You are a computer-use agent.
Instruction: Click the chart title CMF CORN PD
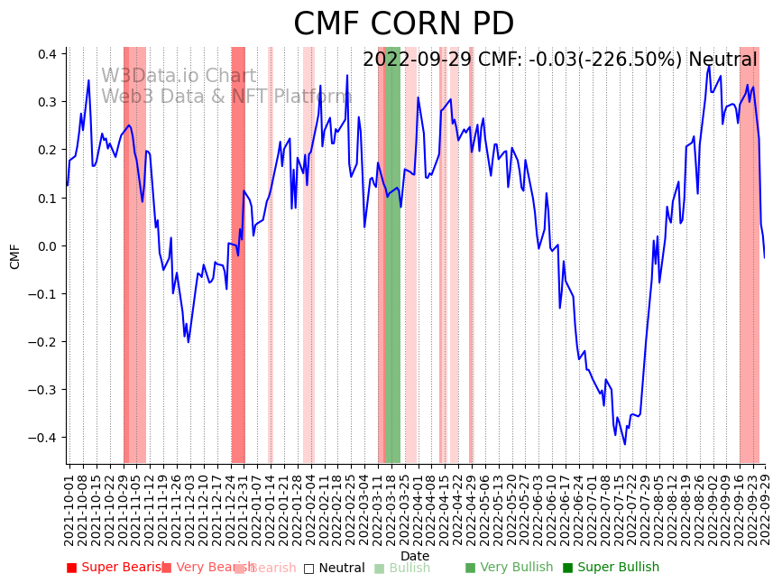click(403, 24)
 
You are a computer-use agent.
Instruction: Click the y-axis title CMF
click(15, 255)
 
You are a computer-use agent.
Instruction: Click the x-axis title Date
click(415, 556)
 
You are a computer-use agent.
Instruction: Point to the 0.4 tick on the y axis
click(47, 54)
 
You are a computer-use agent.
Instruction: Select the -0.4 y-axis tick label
click(44, 438)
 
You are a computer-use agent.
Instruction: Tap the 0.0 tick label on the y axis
click(47, 245)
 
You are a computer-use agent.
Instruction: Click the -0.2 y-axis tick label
click(44, 342)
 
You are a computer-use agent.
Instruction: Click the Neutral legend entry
click(335, 568)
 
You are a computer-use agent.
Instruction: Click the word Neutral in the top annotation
click(722, 60)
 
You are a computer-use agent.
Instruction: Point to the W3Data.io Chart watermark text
click(179, 77)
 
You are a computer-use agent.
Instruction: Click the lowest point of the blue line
click(624, 444)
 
